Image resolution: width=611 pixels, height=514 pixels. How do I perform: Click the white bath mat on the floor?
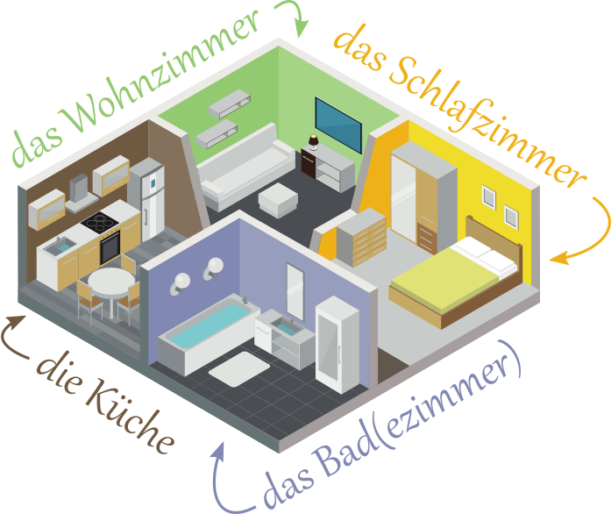[237, 368]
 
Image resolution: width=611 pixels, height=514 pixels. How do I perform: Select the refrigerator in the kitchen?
[151, 197]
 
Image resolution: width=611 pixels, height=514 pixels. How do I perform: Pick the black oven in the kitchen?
[110, 246]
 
